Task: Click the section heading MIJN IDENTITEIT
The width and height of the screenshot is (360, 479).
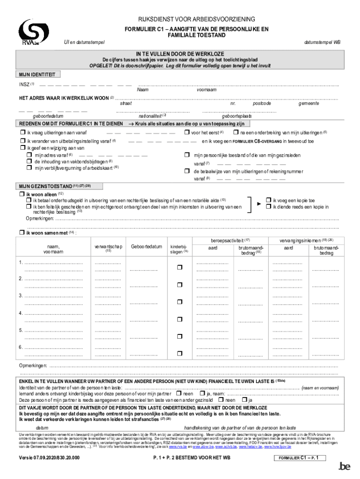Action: (37, 74)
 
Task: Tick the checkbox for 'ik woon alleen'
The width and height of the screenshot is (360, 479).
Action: (22, 194)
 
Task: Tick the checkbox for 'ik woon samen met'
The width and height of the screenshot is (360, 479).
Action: (22, 232)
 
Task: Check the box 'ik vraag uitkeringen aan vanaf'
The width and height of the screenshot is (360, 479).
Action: (22, 133)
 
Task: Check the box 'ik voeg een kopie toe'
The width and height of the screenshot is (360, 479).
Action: (268, 200)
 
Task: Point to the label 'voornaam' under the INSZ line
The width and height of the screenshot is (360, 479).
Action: (206, 90)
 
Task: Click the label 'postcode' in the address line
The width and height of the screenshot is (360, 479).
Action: (262, 103)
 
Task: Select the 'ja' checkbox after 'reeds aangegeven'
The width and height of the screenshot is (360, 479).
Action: (243, 400)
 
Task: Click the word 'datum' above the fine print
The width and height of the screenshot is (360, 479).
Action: (42, 428)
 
